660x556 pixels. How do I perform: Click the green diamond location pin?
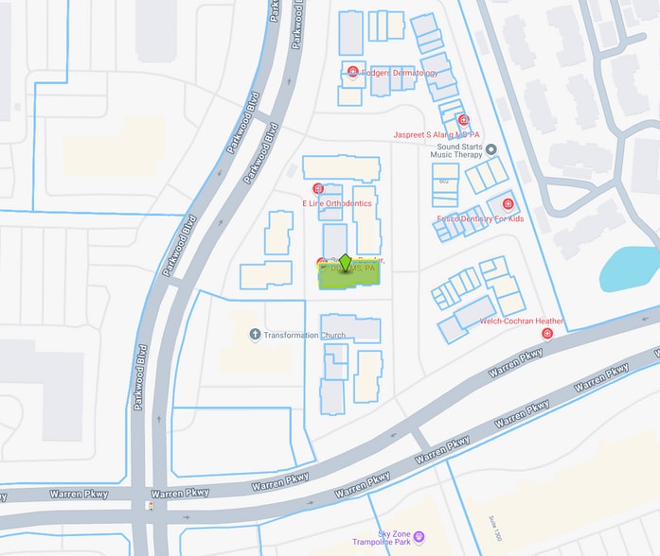coord(346,262)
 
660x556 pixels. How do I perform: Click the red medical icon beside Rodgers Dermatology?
coord(352,72)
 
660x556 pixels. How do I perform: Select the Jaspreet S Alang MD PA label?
coord(437,134)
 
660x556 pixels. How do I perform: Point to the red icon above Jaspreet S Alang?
coord(463,119)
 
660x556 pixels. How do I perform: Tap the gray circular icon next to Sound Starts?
coord(491,148)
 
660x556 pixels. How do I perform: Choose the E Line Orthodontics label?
coord(337,203)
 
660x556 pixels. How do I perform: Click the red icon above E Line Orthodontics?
coord(318,188)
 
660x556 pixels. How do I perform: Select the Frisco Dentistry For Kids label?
coord(480,218)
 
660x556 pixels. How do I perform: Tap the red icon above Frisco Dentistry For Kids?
coord(508,204)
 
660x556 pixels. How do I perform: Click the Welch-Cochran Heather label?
coord(522,321)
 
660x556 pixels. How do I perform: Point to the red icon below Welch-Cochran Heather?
coord(546,334)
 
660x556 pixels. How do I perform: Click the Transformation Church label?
coord(305,335)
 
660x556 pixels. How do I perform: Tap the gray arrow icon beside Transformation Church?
coord(255,335)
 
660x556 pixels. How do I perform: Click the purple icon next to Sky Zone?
coord(419,537)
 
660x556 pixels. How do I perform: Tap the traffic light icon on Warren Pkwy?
coord(148,505)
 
